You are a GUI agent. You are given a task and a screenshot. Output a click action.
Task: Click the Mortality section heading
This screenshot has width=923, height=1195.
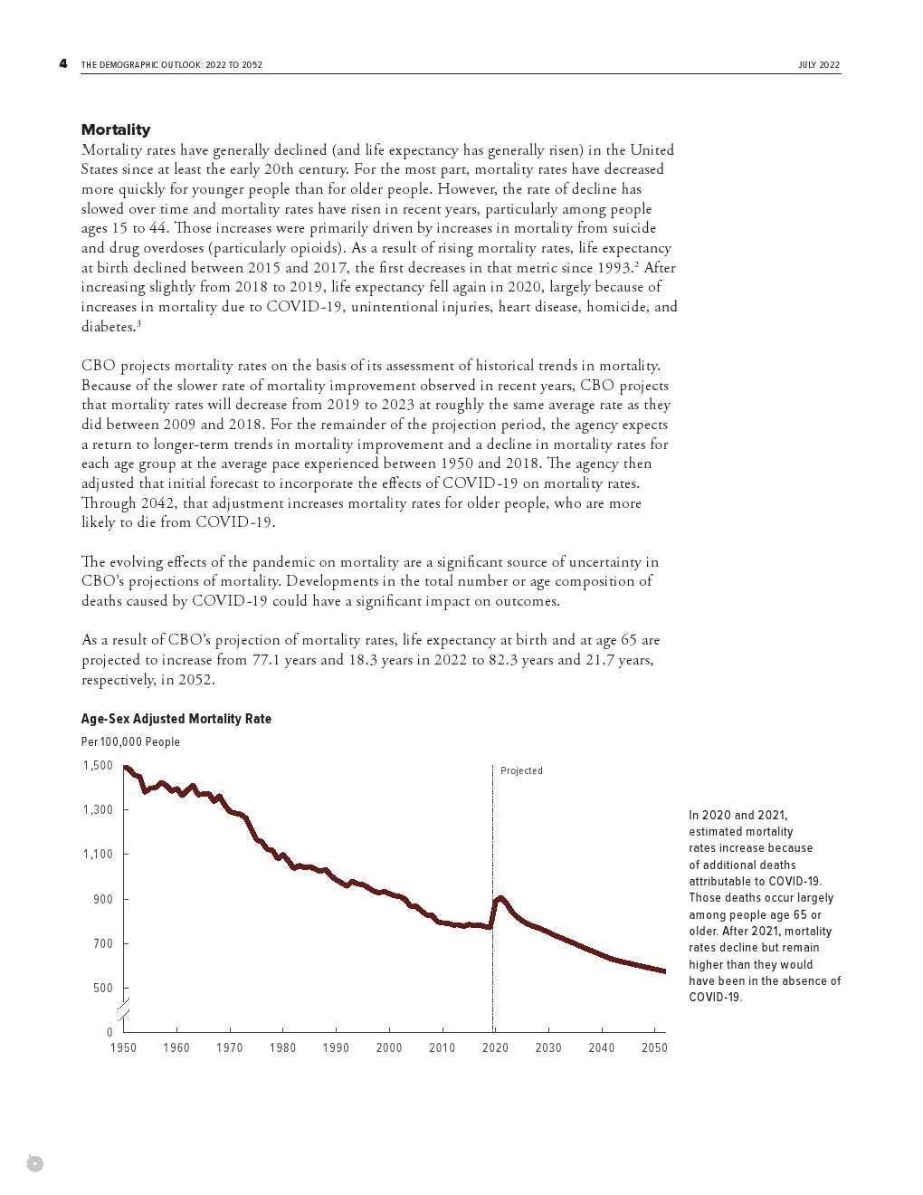(116, 129)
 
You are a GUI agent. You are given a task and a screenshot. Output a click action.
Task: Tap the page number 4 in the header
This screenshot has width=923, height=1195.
(62, 63)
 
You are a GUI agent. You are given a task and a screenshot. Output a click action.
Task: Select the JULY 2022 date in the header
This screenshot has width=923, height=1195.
(819, 65)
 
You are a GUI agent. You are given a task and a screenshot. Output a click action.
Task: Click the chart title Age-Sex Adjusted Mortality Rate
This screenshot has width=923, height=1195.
(176, 719)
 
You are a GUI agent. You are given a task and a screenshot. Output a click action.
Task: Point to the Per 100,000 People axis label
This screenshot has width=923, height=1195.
(130, 742)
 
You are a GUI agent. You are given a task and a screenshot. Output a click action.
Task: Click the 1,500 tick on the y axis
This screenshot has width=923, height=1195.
(98, 766)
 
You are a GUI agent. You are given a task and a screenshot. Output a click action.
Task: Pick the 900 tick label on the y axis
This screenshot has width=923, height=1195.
(102, 899)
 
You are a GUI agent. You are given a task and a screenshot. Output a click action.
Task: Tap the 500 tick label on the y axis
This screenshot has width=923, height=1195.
(102, 989)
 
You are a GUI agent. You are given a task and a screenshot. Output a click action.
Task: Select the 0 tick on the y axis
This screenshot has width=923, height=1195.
(109, 1033)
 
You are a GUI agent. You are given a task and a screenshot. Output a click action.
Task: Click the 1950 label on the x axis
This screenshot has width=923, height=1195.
(124, 1048)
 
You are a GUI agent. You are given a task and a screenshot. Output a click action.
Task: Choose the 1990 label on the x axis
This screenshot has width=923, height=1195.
(336, 1048)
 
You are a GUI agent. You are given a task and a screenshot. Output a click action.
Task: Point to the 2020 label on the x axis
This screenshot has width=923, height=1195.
(495, 1048)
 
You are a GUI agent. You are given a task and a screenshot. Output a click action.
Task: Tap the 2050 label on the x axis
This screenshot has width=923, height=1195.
(654, 1048)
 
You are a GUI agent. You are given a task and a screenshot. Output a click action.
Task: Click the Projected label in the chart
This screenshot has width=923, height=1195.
(522, 771)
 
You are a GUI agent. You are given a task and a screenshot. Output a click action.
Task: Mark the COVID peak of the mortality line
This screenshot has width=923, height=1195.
(500, 897)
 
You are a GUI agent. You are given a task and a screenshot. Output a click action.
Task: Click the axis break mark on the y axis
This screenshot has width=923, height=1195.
(124, 1009)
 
